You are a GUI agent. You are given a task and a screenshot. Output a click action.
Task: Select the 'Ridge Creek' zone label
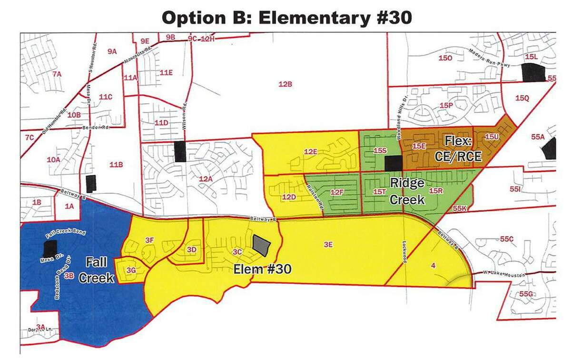407,191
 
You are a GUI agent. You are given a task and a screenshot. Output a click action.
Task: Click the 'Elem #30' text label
263,269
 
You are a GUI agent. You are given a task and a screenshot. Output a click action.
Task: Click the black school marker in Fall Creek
49,249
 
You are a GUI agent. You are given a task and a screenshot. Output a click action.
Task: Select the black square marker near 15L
533,72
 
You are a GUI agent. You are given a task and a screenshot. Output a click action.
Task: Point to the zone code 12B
285,84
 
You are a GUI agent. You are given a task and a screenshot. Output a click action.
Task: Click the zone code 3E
327,244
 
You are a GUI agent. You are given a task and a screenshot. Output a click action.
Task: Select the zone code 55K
460,209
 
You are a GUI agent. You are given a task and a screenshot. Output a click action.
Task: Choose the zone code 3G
132,270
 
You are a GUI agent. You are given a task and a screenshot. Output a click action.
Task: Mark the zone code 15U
492,137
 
